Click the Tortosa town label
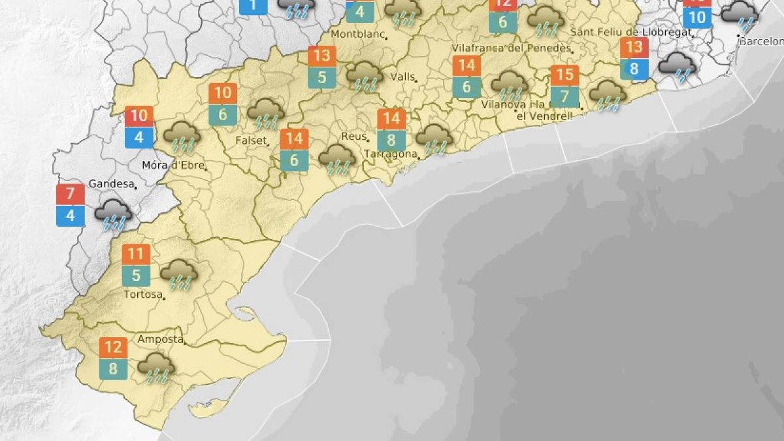click(x=142, y=295)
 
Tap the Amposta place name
click(x=159, y=339)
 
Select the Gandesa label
click(x=110, y=184)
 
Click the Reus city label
click(x=353, y=137)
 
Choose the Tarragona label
click(x=391, y=154)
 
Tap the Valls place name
click(x=402, y=76)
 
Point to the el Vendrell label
click(x=544, y=116)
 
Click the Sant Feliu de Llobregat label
click(x=631, y=32)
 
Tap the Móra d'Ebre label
click(x=173, y=165)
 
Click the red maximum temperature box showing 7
click(x=71, y=194)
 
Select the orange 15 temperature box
click(x=564, y=75)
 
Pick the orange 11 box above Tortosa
click(x=136, y=254)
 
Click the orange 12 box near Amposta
click(x=113, y=348)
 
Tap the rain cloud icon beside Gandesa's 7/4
click(x=114, y=214)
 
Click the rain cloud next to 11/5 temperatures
click(x=179, y=273)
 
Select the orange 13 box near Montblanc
click(x=322, y=56)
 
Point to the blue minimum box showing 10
click(x=697, y=18)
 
